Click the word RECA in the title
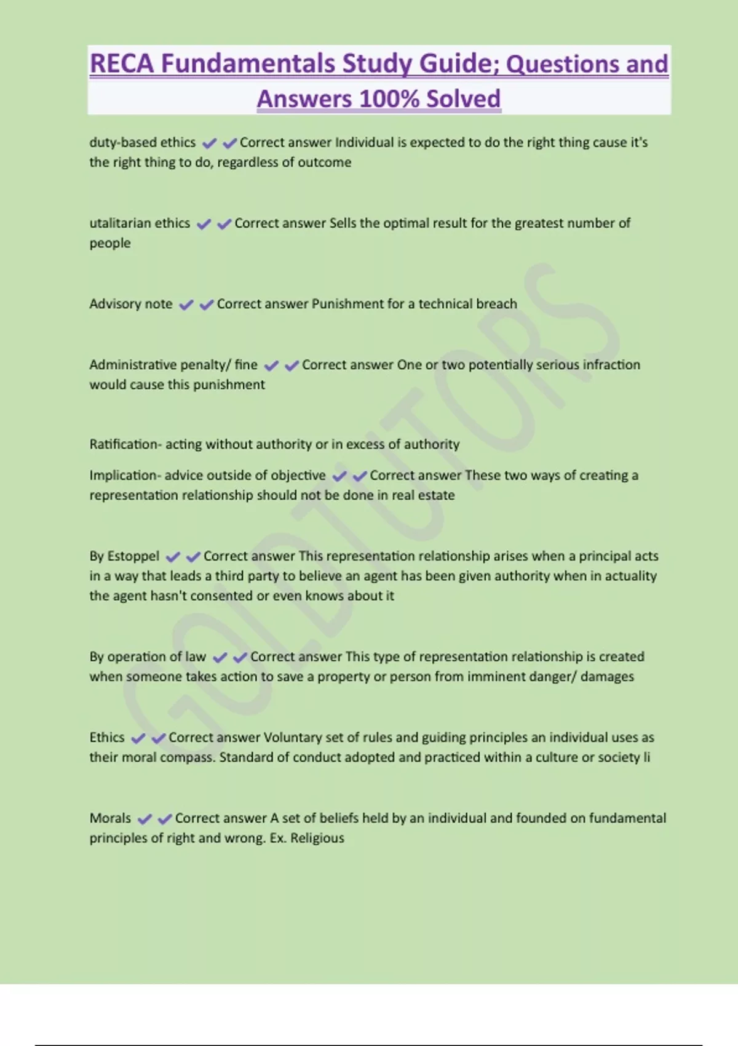point(122,63)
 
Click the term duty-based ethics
point(143,142)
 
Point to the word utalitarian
point(119,223)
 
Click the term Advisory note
point(131,303)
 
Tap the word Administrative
point(126,364)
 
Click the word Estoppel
point(133,556)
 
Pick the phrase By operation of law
point(148,657)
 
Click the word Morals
point(110,818)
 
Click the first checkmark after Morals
point(145,819)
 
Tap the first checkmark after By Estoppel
point(173,557)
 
